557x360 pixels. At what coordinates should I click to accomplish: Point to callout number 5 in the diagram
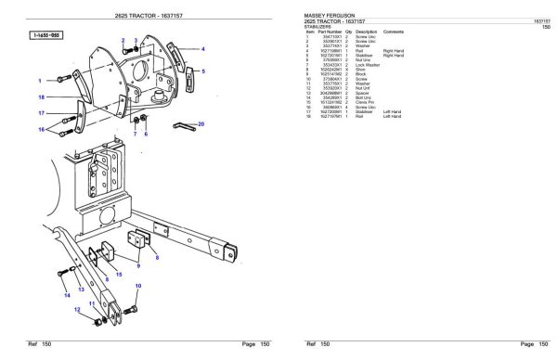pyautogui.click(x=204, y=70)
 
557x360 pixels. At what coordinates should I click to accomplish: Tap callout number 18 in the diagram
pyautogui.click(x=41, y=96)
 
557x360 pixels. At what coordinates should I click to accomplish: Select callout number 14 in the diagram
pyautogui.click(x=66, y=295)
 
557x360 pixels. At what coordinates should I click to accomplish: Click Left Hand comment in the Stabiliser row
pyautogui.click(x=392, y=111)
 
